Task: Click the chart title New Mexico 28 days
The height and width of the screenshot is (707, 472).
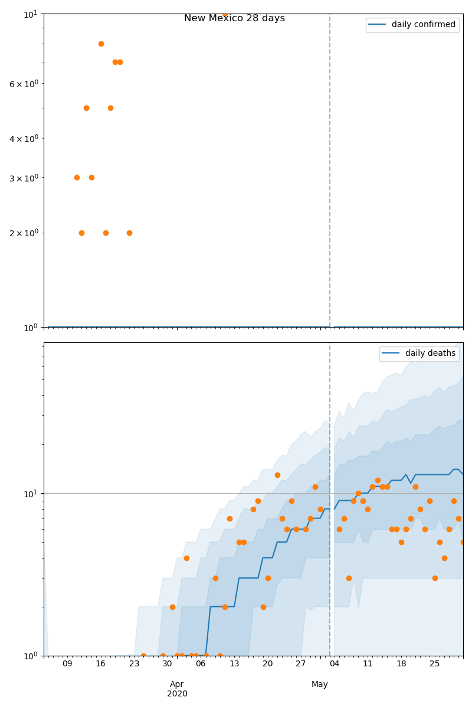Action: coord(234,18)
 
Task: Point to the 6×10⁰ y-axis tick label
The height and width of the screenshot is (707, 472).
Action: coord(24,84)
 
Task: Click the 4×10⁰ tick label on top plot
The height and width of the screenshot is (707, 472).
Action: coord(24,138)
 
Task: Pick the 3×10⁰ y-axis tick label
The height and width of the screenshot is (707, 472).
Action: coord(24,177)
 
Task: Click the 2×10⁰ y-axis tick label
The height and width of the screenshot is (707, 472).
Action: coord(24,233)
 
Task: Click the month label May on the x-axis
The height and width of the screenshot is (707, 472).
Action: coord(320,684)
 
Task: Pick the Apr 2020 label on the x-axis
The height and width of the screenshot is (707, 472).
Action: coord(177,689)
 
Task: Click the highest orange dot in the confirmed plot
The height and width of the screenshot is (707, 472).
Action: coord(225,14)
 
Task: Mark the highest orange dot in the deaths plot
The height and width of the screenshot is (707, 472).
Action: coord(277,475)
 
